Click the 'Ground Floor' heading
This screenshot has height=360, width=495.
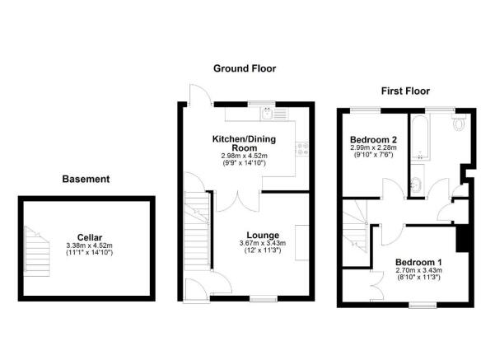pyautogui.click(x=244, y=69)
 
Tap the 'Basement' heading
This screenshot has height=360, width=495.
pyautogui.click(x=86, y=179)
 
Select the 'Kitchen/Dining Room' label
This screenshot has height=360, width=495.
pyautogui.click(x=244, y=144)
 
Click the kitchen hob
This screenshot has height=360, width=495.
pyautogui.click(x=303, y=148)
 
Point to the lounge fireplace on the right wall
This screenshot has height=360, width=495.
pyautogui.click(x=301, y=241)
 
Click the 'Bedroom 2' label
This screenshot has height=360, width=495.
pyautogui.click(x=373, y=140)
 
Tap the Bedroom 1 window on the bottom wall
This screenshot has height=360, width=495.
pyautogui.click(x=423, y=305)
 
